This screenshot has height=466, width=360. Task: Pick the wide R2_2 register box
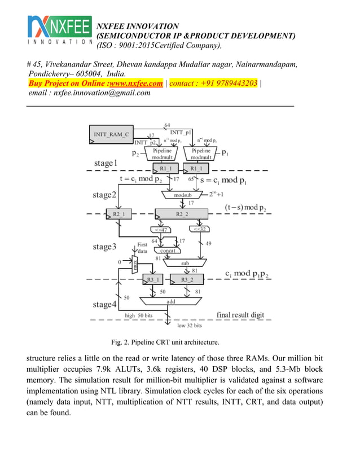pyautogui.click(x=182, y=214)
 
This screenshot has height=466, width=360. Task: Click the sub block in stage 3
pyautogui.click(x=185, y=263)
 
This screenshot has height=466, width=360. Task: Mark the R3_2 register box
pyautogui.click(x=187, y=279)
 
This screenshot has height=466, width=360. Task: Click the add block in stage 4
pyautogui.click(x=171, y=301)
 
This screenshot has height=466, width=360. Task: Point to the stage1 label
pyautogui.click(x=106, y=163)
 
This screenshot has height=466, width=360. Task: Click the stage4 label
pyautogui.click(x=105, y=305)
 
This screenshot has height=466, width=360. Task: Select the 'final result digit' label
pyautogui.click(x=240, y=314)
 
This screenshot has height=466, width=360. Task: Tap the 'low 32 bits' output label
pyautogui.click(x=190, y=326)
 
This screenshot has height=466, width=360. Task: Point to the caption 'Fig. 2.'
pyautogui.click(x=124, y=342)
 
